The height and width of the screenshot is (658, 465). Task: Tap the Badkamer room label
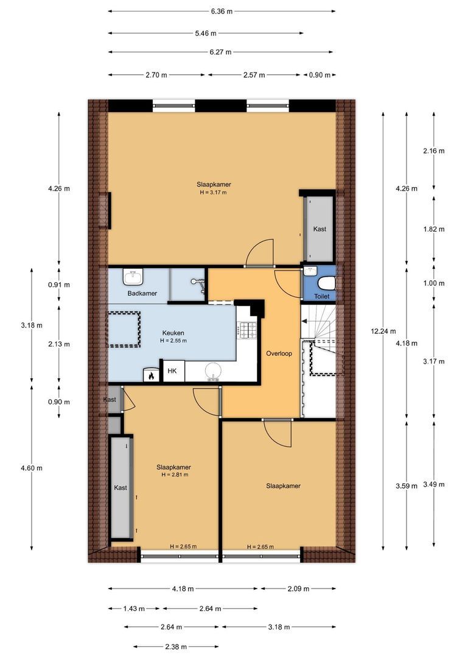click(142, 294)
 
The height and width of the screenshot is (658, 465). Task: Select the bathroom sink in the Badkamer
click(133, 278)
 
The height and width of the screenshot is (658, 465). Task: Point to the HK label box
click(172, 370)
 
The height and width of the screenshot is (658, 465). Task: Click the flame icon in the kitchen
click(150, 376)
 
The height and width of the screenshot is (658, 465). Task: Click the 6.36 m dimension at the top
click(222, 11)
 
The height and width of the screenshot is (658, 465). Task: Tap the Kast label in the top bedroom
click(320, 229)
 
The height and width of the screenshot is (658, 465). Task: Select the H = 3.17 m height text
click(213, 193)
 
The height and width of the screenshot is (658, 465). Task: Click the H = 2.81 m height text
click(175, 475)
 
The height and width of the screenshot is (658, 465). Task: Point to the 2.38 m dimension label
click(176, 646)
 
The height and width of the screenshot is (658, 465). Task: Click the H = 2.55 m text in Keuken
click(173, 341)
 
